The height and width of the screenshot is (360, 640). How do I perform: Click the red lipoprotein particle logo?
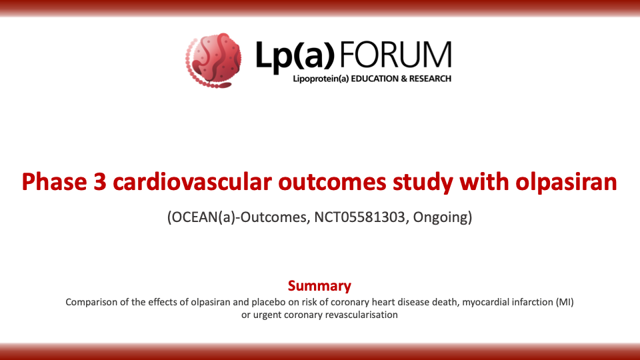point(213,61)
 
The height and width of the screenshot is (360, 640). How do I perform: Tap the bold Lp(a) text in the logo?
point(295,56)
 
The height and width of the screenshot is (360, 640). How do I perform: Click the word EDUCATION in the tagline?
point(374,79)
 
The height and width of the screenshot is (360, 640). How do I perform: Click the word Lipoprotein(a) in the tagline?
point(321,79)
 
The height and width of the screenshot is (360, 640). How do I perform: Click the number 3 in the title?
point(99,182)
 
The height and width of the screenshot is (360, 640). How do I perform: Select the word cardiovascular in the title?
point(192,182)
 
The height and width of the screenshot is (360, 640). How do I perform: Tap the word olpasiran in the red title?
point(566,183)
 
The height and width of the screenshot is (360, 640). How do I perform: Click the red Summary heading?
point(319,286)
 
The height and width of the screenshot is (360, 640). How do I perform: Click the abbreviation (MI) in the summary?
point(565,303)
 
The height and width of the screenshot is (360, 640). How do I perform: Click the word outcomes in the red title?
point(332,183)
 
